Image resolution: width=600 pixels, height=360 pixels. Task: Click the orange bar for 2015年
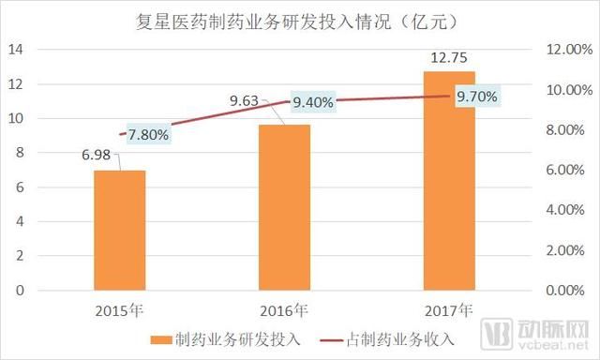pyautogui.click(x=119, y=230)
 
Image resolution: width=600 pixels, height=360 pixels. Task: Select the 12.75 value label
pyautogui.click(x=449, y=59)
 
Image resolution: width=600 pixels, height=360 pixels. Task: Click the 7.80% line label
pyautogui.click(x=146, y=134)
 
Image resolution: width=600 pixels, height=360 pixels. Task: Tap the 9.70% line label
pyautogui.click(x=477, y=96)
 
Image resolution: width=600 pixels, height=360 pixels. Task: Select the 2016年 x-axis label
pyautogui.click(x=284, y=310)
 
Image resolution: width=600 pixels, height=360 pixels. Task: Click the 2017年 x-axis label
pyautogui.click(x=449, y=310)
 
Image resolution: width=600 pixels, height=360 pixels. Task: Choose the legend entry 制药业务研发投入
pyautogui.click(x=224, y=339)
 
